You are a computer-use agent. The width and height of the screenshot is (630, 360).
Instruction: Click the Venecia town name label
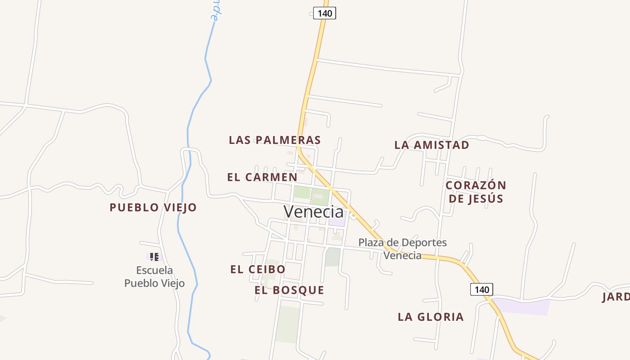[313, 211]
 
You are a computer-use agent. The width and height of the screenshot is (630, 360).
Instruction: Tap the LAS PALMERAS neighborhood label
[275, 140]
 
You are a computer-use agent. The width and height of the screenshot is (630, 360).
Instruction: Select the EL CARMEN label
[262, 177]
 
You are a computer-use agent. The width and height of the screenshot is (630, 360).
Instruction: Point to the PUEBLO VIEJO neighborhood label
[153, 207]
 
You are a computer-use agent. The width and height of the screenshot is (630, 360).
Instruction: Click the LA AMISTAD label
[432, 145]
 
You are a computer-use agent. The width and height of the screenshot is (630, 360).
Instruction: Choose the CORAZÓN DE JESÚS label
[476, 192]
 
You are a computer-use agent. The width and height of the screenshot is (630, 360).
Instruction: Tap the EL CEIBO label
[258, 269]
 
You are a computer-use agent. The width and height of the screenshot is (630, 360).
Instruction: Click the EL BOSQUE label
[289, 290]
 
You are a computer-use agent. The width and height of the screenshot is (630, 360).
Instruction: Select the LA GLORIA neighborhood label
[431, 317]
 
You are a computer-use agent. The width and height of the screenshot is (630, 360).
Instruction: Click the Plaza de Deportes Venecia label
[403, 249]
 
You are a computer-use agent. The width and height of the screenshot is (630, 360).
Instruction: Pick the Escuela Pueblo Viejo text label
[154, 276]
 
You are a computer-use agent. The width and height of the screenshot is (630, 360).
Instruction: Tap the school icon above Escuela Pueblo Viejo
[154, 256]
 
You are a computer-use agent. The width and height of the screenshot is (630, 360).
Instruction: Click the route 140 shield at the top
[324, 13]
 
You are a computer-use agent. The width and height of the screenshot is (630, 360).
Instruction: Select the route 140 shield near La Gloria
[481, 289]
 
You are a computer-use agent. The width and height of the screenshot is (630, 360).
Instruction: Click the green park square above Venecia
[311, 195]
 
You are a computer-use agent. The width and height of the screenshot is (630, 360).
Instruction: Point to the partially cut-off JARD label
[616, 297]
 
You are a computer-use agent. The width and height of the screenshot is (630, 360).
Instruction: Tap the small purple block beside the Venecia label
[337, 222]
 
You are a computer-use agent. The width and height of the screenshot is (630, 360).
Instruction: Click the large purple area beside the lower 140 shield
[524, 306]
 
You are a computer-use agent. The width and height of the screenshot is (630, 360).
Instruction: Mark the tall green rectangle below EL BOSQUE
[288, 324]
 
